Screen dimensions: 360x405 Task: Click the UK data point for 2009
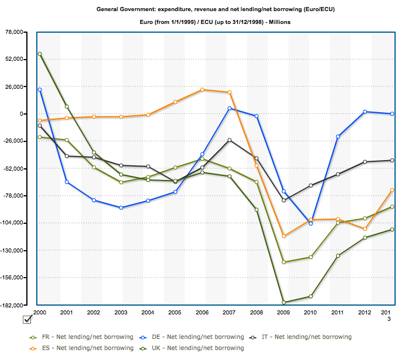point(283,303)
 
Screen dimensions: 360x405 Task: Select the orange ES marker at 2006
point(202,89)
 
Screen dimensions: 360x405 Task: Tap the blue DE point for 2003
point(121,207)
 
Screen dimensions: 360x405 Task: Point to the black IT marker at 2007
point(229,140)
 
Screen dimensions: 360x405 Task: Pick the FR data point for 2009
point(283,262)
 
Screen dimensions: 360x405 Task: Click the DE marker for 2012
point(365,112)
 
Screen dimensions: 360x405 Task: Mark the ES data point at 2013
point(392,190)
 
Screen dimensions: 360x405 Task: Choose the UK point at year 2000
point(40,54)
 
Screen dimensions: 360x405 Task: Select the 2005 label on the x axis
point(175,313)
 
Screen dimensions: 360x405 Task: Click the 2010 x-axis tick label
point(310,313)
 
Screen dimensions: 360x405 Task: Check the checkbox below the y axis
point(27,319)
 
